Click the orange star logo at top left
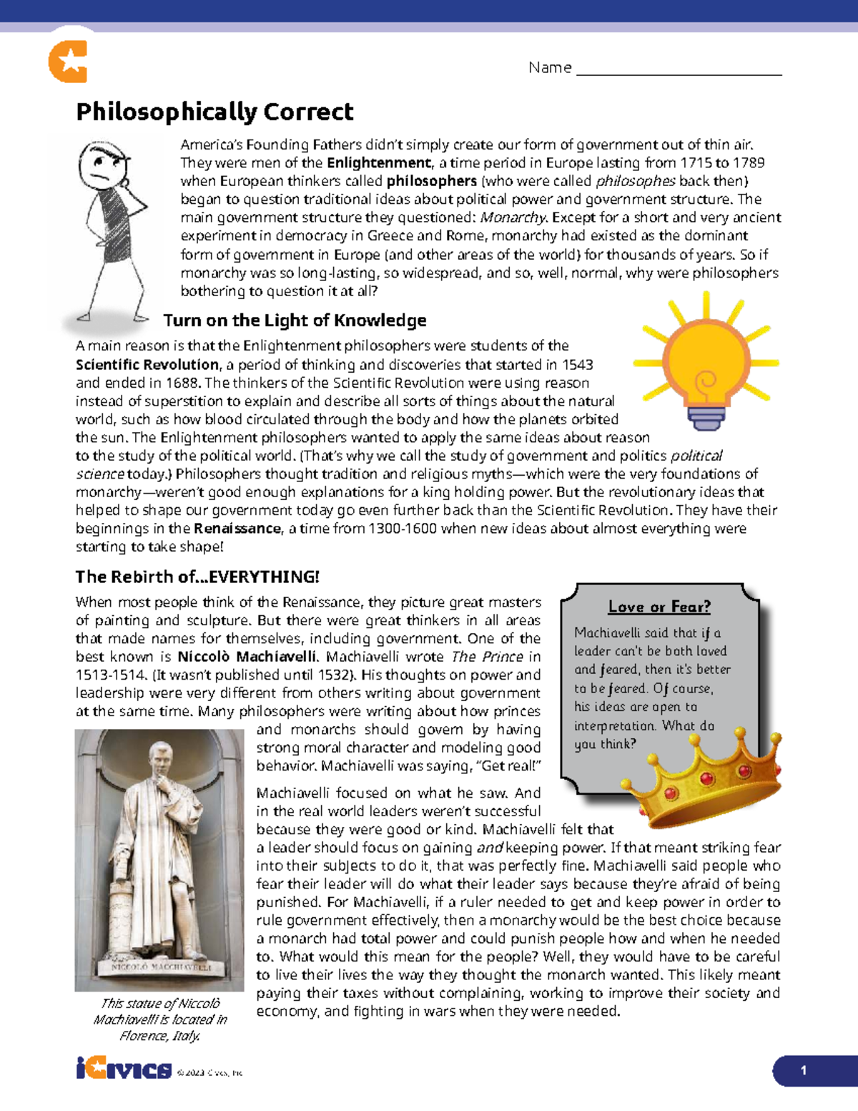click(x=68, y=62)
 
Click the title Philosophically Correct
click(x=214, y=112)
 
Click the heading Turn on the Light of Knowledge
click(x=295, y=320)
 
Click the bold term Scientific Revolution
click(x=147, y=365)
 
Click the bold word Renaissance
click(x=237, y=529)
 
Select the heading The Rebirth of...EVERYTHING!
click(x=197, y=577)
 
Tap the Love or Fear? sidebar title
click(x=659, y=607)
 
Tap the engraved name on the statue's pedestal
click(x=162, y=966)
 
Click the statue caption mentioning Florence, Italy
click(x=160, y=1019)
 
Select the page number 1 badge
click(x=804, y=1071)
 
